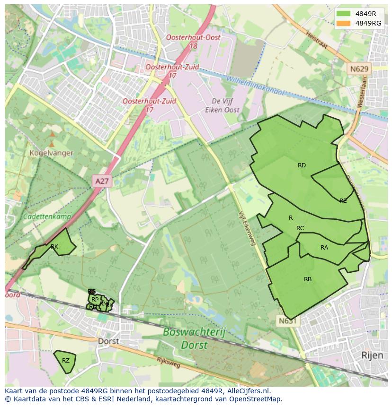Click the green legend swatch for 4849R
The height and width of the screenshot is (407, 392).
click(x=344, y=13)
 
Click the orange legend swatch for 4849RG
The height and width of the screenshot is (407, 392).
click(x=344, y=23)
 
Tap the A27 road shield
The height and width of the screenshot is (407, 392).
click(x=101, y=181)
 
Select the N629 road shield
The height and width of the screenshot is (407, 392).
click(x=359, y=69)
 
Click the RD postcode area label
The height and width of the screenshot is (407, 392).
click(x=302, y=165)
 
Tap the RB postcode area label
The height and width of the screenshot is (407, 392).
click(x=308, y=279)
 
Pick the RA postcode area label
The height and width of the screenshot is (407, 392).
click(x=324, y=248)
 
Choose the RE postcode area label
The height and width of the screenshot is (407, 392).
click(x=343, y=201)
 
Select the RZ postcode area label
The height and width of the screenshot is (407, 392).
click(x=66, y=361)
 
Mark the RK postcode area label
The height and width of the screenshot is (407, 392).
click(x=54, y=247)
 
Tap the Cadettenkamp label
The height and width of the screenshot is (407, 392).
click(x=47, y=216)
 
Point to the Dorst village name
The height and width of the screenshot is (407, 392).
click(x=108, y=341)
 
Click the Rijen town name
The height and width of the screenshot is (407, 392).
click(x=372, y=355)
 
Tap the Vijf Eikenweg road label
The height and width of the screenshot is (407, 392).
click(x=247, y=228)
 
